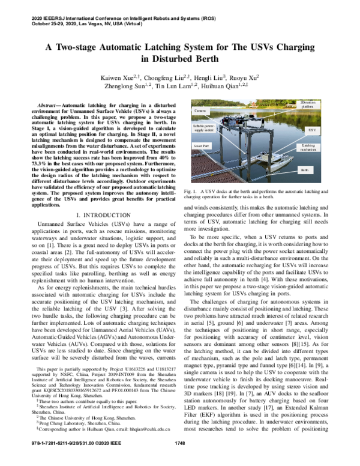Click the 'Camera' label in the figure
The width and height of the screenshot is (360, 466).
(x=201, y=112)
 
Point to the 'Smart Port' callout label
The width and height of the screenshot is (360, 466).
(x=202, y=146)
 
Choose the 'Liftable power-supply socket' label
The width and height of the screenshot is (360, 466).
(x=204, y=128)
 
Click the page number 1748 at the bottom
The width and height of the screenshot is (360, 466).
(x=179, y=460)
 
